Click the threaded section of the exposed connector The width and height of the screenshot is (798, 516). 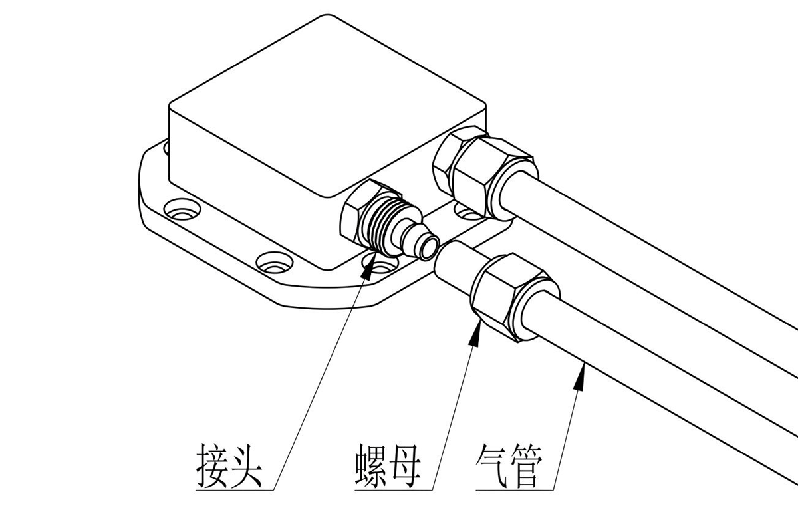tap(386, 222)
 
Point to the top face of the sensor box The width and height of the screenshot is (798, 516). tap(326, 106)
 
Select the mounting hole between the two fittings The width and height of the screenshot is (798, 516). tap(464, 212)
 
